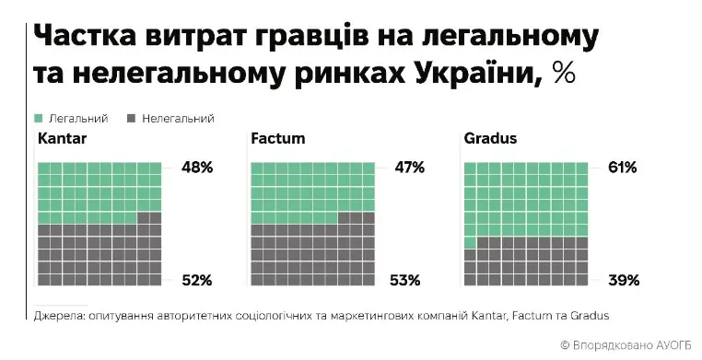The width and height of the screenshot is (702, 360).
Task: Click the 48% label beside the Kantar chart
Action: click(197, 168)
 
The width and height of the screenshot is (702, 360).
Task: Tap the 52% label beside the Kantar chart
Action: click(197, 280)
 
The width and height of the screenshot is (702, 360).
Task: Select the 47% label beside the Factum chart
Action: click(409, 168)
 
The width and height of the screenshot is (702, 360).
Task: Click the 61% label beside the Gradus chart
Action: click(623, 168)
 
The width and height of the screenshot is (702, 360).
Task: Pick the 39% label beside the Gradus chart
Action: click(623, 280)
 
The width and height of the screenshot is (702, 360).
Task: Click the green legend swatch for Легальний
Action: click(39, 118)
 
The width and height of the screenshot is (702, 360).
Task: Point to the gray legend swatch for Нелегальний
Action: click(131, 118)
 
